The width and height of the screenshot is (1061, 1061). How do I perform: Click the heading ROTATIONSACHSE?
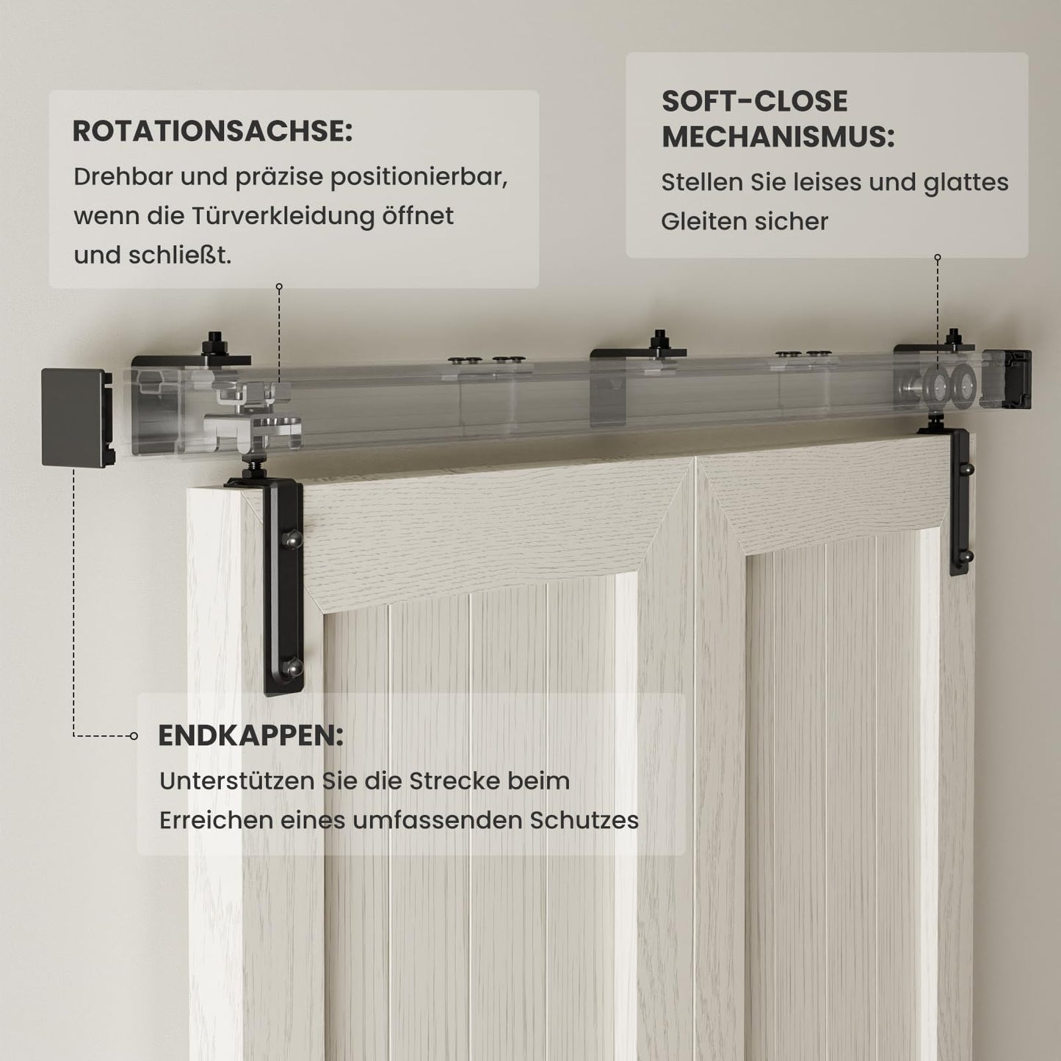pyautogui.click(x=212, y=132)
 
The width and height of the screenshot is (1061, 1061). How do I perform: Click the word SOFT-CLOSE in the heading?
pyautogui.click(x=754, y=101)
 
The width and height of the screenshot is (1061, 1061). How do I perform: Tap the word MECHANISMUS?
pyautogui.click(x=778, y=137)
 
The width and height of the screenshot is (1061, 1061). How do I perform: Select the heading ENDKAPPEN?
pyautogui.click(x=250, y=736)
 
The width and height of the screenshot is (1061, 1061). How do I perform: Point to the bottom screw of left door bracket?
pyautogui.click(x=295, y=667)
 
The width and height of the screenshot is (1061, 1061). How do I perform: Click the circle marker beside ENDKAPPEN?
pyautogui.click(x=134, y=736)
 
